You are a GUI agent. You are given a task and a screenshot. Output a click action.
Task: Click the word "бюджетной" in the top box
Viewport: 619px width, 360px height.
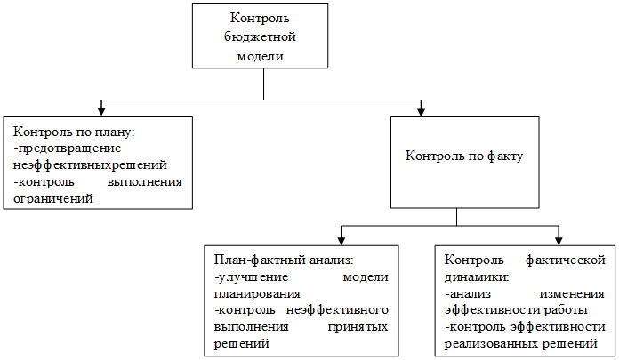click(260, 37)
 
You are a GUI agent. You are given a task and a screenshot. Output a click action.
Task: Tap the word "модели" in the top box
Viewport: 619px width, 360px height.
click(261, 56)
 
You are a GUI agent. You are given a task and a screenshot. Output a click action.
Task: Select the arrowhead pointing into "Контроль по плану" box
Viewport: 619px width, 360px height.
click(101, 110)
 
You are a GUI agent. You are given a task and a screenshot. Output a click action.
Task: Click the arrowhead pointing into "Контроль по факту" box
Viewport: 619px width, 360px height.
click(421, 110)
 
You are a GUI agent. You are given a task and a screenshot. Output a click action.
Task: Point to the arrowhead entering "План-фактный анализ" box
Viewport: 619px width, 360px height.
click(342, 239)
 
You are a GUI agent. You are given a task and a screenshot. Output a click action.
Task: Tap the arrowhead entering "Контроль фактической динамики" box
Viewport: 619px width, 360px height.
click(559, 239)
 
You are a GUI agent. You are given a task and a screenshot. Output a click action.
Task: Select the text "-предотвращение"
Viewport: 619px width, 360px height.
click(67, 148)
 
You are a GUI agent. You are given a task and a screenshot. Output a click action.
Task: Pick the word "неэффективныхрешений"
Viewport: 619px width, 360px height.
click(90, 165)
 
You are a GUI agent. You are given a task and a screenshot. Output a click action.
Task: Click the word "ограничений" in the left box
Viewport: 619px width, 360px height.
click(53, 198)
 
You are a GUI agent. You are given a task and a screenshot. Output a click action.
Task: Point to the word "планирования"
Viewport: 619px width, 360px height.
click(257, 294)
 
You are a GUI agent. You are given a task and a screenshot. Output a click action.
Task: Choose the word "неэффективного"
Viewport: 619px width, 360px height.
click(337, 310)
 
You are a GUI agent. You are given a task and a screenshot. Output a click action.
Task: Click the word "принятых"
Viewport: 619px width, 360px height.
click(358, 328)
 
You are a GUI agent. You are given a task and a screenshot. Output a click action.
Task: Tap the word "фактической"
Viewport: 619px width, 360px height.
click(566, 260)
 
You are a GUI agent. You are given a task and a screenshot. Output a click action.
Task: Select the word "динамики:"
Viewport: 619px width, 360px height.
click(477, 277)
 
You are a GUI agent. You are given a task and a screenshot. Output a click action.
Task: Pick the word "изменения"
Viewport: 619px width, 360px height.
click(572, 294)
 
